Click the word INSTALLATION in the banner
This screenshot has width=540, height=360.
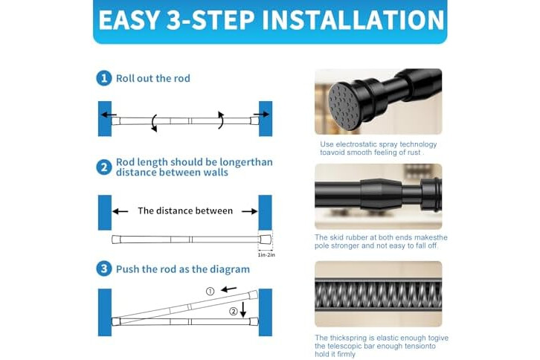(353, 20)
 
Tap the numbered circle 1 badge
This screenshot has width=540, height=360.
(104, 78)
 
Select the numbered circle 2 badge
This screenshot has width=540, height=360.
(104, 167)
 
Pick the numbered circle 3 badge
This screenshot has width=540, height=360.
(104, 269)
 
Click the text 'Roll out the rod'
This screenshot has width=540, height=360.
(153, 79)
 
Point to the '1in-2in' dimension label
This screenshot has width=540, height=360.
(266, 255)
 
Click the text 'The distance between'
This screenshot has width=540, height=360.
(185, 210)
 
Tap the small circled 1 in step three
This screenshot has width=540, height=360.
(210, 292)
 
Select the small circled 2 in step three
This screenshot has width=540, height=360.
(234, 312)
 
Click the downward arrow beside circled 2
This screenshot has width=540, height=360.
(243, 309)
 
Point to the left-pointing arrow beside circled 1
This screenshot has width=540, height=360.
(228, 289)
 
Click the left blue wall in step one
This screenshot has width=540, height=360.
(105, 118)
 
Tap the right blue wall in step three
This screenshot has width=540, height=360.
(266, 312)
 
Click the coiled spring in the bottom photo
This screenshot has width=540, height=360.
(378, 295)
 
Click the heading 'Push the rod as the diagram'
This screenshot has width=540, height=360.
(183, 269)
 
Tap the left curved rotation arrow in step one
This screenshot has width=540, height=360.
(154, 123)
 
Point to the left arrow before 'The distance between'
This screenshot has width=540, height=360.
(120, 211)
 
